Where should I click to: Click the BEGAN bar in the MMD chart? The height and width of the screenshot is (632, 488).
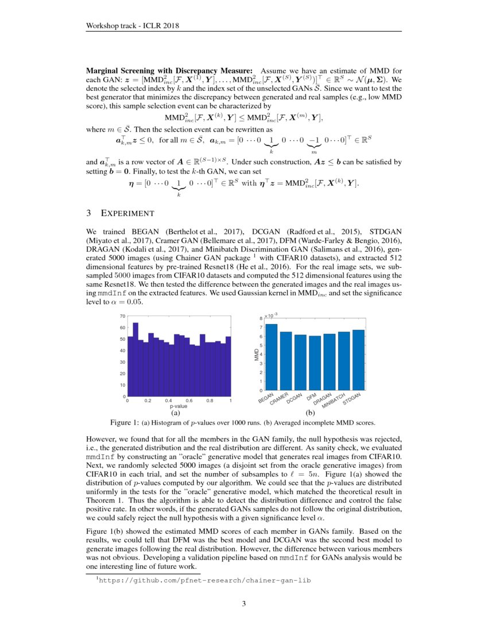[272, 357]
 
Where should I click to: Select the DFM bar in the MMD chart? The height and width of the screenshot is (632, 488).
[315, 363]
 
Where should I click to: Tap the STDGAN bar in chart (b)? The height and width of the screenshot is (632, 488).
[358, 359]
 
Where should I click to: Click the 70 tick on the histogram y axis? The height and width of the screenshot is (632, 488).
[122, 316]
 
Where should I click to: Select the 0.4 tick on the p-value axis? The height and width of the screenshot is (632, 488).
[169, 401]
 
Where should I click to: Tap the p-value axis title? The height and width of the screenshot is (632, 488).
[179, 406]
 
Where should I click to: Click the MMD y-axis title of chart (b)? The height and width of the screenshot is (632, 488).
[257, 354]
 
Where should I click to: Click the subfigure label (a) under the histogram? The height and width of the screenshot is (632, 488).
[177, 413]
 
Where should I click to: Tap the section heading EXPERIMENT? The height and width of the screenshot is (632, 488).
[125, 214]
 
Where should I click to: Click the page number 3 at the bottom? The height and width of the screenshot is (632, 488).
[243, 603]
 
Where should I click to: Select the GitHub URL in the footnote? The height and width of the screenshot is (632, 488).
[205, 580]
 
